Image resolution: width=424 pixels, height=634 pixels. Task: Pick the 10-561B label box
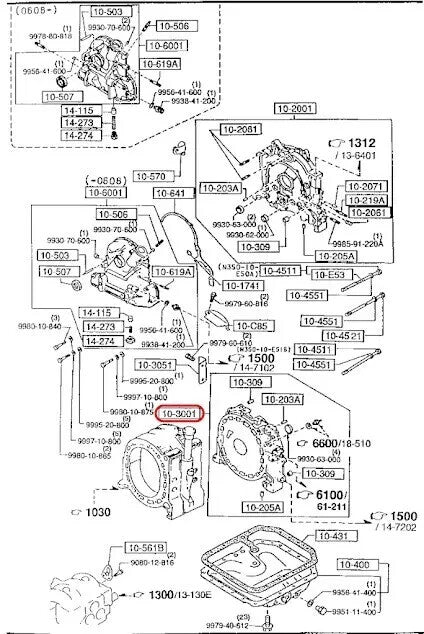(145, 548)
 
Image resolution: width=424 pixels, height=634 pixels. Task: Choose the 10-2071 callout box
(366, 187)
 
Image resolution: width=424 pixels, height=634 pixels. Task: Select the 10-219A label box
(366, 199)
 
